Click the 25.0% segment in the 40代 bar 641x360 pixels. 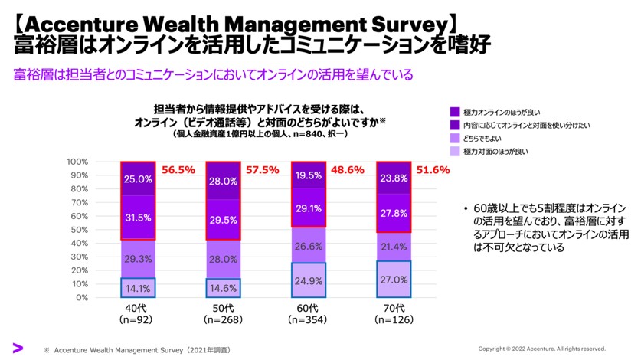137,179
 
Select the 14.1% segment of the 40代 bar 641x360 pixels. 137,288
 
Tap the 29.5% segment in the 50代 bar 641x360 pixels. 223,220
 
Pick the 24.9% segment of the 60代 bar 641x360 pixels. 309,280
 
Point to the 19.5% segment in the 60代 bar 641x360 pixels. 309,175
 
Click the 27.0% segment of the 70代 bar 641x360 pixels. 394,280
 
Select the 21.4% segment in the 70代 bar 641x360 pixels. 394,247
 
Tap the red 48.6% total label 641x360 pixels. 348,170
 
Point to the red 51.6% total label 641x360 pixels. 434,170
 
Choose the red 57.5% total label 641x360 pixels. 263,170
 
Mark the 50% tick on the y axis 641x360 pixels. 79,230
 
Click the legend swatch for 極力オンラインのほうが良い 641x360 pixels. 455,111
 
